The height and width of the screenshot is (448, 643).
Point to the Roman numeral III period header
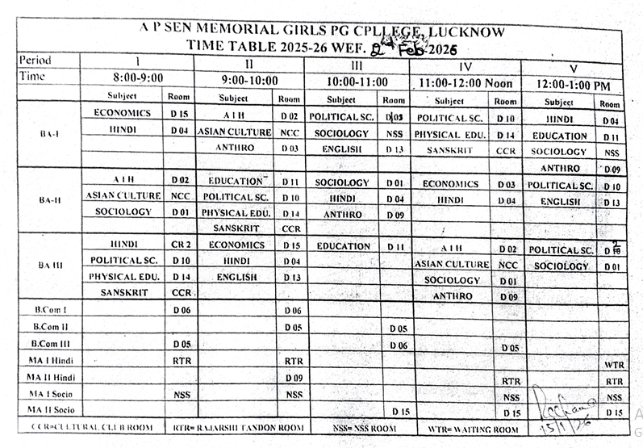point(356,64)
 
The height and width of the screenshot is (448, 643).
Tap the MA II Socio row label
point(52,410)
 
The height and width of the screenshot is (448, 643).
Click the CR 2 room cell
point(181,244)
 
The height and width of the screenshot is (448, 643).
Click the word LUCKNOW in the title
point(467,32)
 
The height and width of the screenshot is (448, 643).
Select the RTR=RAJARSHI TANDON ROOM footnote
point(239,427)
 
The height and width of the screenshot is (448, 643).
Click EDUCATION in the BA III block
point(344,246)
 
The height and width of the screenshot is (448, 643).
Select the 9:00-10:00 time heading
point(249,80)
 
